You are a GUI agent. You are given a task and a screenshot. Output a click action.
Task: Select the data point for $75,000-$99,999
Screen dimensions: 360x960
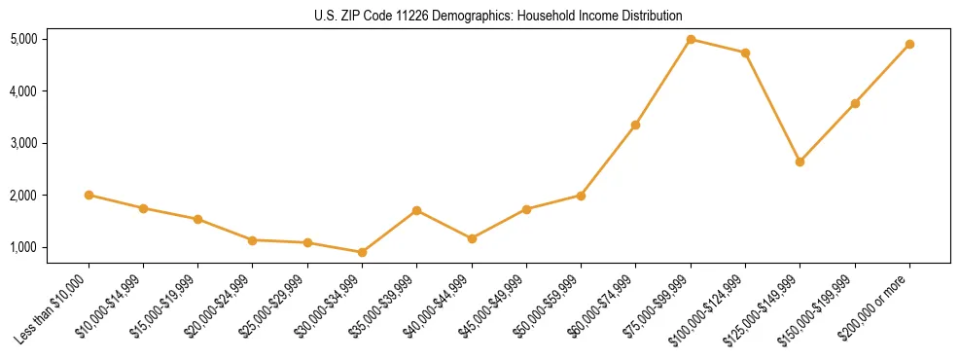click(691, 39)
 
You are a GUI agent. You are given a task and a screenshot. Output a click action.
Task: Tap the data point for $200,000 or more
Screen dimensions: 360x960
click(909, 44)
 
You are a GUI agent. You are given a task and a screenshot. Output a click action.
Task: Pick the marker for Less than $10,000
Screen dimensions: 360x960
click(89, 195)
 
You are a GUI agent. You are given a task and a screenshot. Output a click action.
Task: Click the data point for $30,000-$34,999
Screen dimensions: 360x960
click(362, 252)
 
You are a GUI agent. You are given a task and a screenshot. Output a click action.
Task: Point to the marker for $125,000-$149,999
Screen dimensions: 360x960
click(800, 162)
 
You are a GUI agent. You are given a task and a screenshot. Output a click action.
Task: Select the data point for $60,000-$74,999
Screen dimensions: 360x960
click(635, 125)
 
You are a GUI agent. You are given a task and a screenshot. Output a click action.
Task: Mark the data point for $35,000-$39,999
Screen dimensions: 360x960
click(416, 210)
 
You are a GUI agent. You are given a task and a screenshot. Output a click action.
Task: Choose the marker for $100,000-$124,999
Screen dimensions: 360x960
click(745, 53)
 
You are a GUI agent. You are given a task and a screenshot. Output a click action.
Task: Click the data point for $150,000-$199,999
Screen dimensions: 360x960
click(855, 103)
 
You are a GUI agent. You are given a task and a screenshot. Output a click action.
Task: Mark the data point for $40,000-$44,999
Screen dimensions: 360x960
click(472, 238)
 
